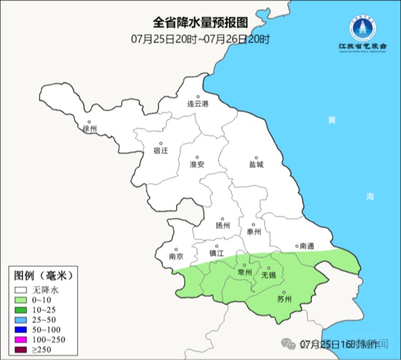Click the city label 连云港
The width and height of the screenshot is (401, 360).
(x=197, y=104)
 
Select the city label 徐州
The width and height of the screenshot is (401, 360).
(x=89, y=129)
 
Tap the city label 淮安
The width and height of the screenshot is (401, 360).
(x=197, y=164)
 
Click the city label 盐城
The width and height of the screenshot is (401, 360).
(x=256, y=164)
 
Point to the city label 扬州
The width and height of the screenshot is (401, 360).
(x=223, y=226)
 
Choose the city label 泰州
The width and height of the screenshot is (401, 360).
(x=253, y=232)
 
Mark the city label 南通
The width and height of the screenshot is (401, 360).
(x=307, y=246)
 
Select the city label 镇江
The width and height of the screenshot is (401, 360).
(x=217, y=252)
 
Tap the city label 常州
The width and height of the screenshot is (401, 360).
(x=244, y=272)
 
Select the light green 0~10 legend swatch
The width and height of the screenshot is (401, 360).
(x=22, y=300)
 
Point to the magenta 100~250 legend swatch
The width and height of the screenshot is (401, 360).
(x=22, y=340)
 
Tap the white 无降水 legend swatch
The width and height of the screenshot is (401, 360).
(x=22, y=290)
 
